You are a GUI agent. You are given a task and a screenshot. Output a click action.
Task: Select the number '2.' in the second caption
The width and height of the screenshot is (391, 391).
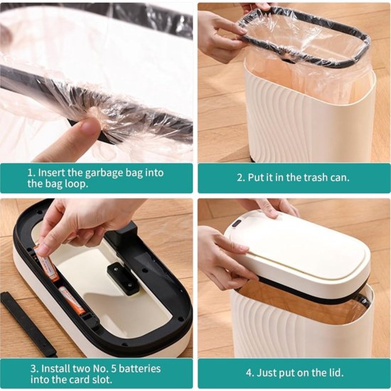click(x=241, y=178)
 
